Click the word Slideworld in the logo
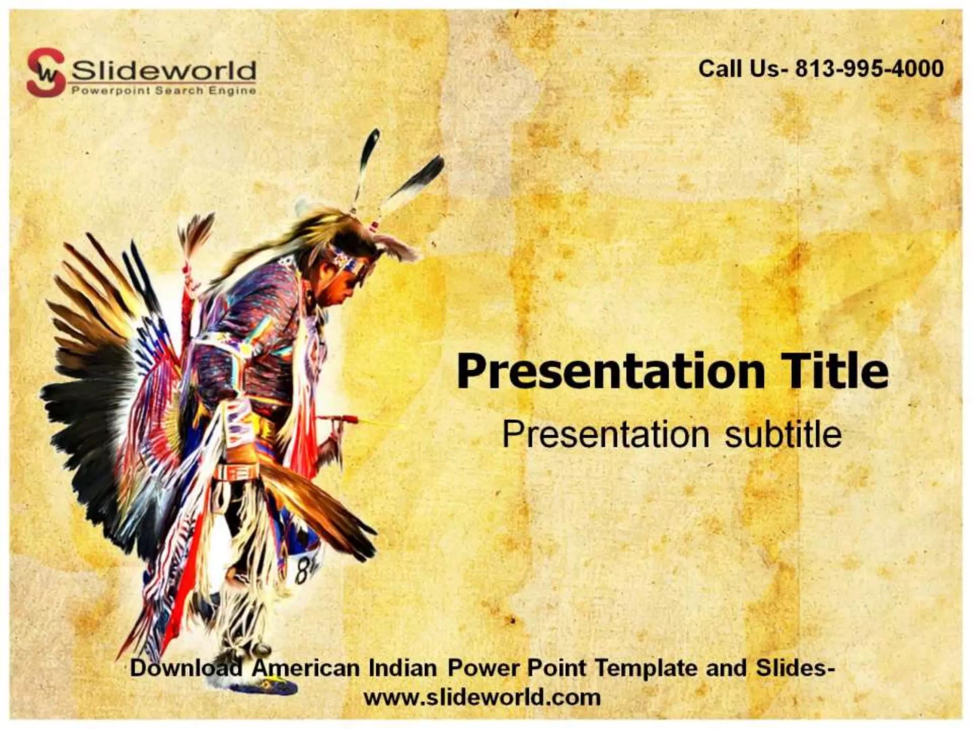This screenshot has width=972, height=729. (163, 71)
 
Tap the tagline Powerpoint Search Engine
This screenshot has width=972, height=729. (163, 91)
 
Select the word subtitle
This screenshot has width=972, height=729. (783, 434)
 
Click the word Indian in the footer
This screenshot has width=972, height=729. (402, 668)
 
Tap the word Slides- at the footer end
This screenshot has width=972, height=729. (795, 668)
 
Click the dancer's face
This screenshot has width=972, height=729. (344, 290)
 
